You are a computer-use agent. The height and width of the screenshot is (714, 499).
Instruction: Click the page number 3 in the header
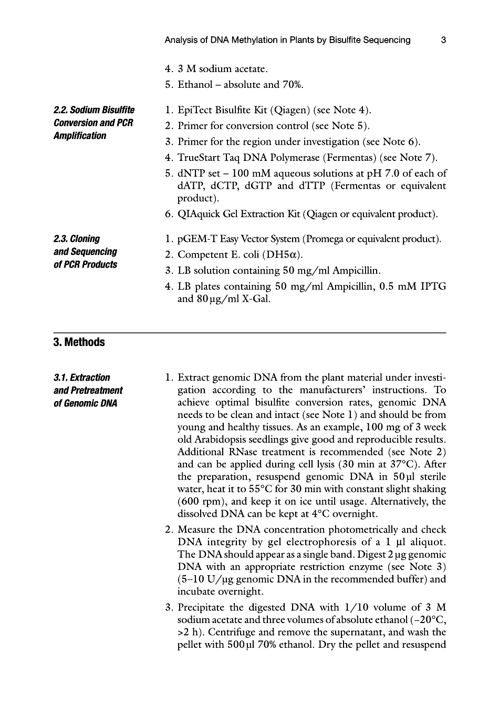coord(443,40)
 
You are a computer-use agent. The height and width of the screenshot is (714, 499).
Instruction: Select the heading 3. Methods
coord(79,342)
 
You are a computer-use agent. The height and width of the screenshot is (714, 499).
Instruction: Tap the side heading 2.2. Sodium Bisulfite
coord(94,110)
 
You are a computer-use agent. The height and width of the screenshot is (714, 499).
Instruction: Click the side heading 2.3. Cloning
coord(77,239)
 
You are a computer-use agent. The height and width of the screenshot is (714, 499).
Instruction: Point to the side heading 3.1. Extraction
coord(82,378)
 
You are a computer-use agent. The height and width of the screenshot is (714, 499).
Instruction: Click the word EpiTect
coord(195,110)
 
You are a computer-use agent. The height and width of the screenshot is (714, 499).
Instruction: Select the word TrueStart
coord(200,157)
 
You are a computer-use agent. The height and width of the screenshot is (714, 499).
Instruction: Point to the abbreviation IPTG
coord(433,286)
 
